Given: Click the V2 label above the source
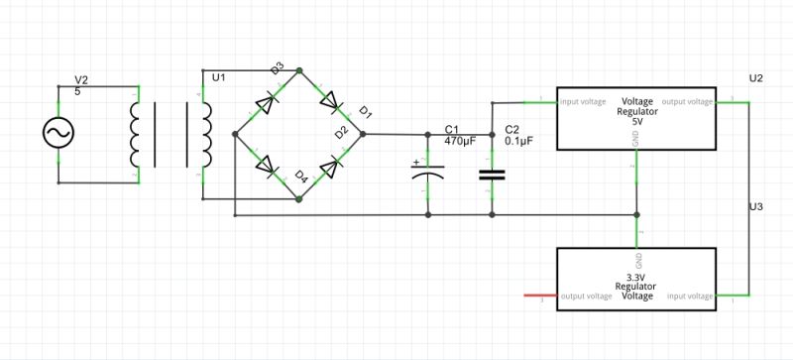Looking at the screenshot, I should (82, 79).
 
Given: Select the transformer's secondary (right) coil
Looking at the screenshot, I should (205, 133).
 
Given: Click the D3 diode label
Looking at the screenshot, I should (278, 67).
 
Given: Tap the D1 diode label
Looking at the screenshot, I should (365, 111).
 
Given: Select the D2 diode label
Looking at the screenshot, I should (342, 131).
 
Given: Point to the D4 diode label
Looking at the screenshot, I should (301, 177).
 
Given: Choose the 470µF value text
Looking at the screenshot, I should (460, 142).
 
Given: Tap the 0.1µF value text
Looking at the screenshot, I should (518, 142).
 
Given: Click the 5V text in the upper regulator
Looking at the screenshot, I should (637, 121).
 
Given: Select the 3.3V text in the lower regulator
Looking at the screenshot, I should (635, 277).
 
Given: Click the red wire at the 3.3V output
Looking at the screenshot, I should (539, 296).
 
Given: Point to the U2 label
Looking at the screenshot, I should (756, 77).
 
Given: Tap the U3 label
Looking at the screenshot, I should (756, 206).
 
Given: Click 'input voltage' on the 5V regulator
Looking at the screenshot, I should (583, 101).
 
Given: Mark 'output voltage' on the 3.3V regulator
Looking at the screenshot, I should (585, 296).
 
